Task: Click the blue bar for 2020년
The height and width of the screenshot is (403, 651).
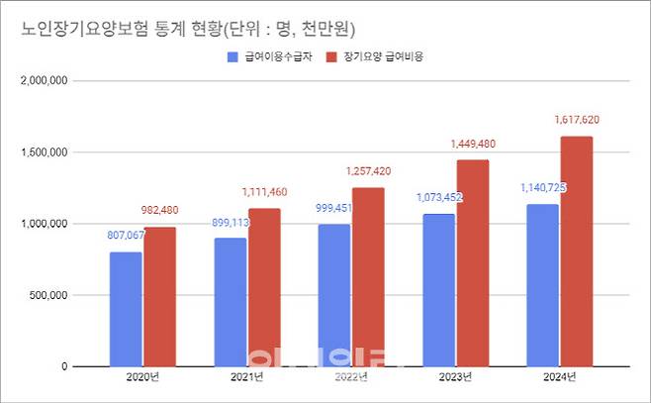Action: [126, 309]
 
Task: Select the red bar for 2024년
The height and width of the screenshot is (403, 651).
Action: [576, 252]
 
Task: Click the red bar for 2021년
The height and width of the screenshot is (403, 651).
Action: [264, 287]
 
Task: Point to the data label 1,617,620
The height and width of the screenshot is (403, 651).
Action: [579, 120]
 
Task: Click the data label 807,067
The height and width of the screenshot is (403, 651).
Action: [128, 236]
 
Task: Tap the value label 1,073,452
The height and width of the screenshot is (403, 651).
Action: [439, 197]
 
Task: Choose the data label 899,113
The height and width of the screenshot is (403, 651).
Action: [232, 223]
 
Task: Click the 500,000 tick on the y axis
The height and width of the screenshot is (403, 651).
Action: [47, 295]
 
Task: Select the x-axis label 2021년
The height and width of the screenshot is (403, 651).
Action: [247, 377]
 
